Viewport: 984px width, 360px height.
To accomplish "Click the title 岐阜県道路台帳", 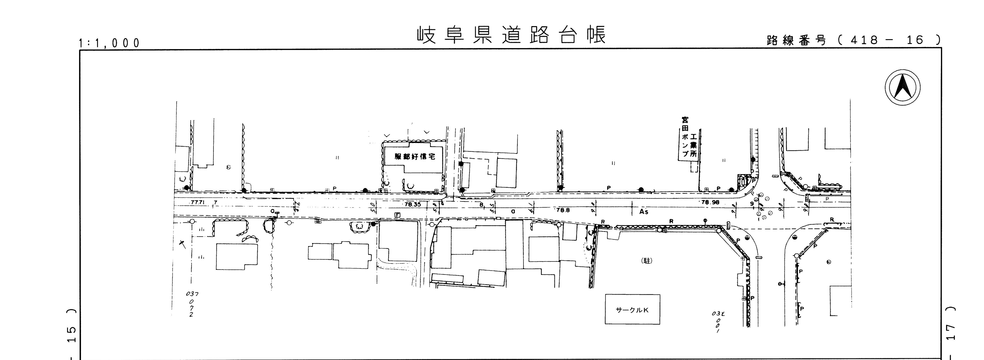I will pyautogui.click(x=511, y=35).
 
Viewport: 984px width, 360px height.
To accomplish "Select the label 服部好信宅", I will pyautogui.click(x=415, y=157).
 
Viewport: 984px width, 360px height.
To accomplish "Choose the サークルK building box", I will pyautogui.click(x=632, y=310).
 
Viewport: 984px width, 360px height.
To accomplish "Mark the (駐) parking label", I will pyautogui.click(x=647, y=261).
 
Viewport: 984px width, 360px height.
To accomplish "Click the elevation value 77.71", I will pyautogui.click(x=198, y=202).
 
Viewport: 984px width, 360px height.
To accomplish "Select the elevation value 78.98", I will pyautogui.click(x=710, y=202).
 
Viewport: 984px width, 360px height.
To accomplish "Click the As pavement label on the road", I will pyautogui.click(x=644, y=211).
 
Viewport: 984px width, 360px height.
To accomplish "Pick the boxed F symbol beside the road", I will pyautogui.click(x=397, y=215).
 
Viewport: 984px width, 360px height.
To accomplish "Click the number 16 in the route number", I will pyautogui.click(x=915, y=40).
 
